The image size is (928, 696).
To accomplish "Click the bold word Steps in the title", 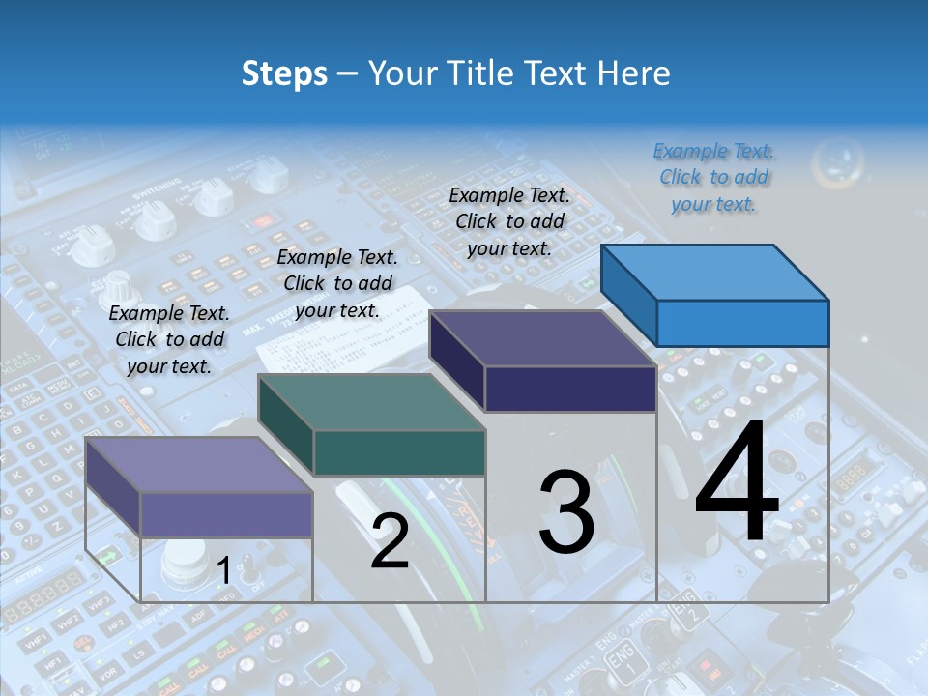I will tap(283, 73).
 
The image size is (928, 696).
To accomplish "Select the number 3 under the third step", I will tap(565, 511).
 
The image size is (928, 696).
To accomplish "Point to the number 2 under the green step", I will tap(390, 540).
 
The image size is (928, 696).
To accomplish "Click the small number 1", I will tap(223, 571).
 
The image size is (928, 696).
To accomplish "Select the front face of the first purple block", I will tap(226, 514).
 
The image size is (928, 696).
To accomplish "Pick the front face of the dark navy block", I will tap(570, 390).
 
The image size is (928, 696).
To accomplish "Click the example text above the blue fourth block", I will tap(713, 178).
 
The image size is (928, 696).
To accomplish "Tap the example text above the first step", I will tap(169, 339).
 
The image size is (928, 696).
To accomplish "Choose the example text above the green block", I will tap(337, 283).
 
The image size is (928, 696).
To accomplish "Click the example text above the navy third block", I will tap(509, 221).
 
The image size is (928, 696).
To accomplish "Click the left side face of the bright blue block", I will tap(628, 295).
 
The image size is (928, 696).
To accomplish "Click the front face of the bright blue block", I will tap(742, 323).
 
